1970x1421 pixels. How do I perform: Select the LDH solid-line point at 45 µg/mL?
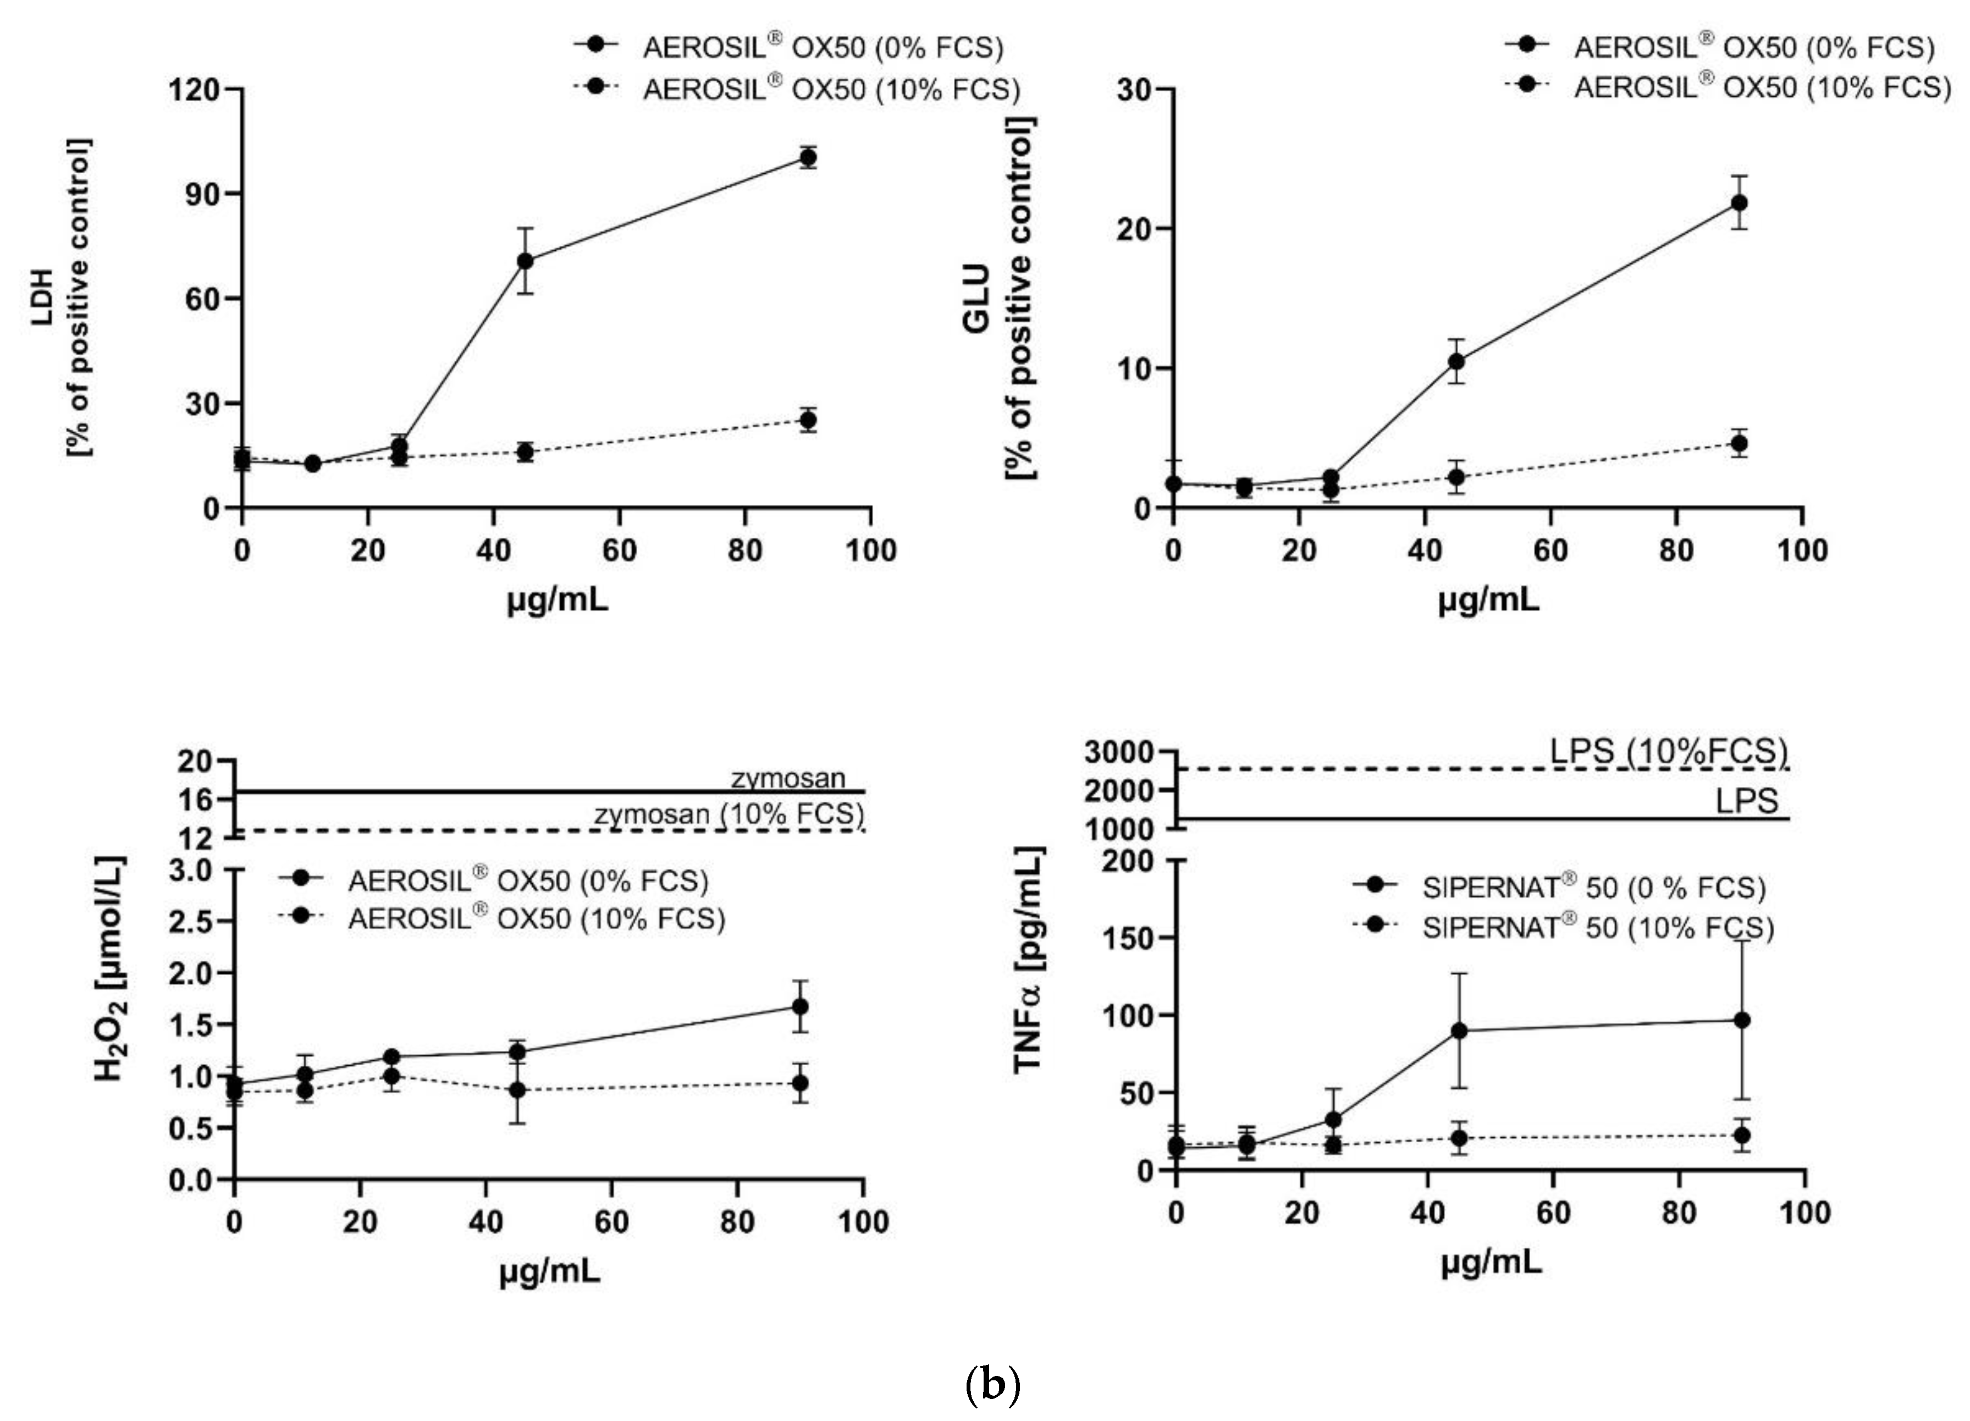[525, 261]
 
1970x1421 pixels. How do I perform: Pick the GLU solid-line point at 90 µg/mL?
[1740, 202]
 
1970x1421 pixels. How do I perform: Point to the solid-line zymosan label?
[788, 778]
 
